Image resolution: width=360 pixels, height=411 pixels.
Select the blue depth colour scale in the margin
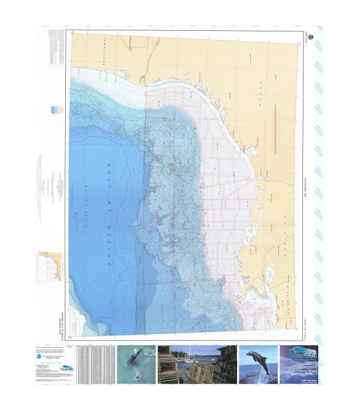[x=53, y=109]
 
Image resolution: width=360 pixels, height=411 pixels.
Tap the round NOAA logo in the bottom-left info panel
[x=42, y=355]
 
